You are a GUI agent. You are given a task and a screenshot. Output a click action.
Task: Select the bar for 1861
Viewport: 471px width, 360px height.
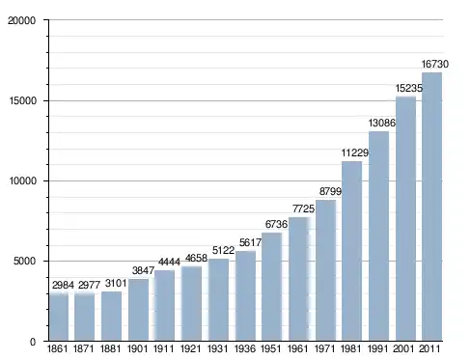pos(59,317)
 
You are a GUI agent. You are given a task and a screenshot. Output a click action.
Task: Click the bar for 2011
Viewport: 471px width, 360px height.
pos(431,207)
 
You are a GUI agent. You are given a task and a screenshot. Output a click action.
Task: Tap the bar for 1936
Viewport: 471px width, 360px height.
pos(245,295)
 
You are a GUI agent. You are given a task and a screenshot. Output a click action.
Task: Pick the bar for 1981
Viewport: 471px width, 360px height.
pos(351,251)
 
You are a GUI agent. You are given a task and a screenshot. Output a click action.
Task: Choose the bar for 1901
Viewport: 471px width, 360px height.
pos(138,310)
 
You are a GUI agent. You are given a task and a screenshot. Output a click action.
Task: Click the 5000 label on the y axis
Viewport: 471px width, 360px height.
pos(24,261)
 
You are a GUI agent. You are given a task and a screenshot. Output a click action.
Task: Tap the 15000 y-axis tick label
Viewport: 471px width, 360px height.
pos(22,100)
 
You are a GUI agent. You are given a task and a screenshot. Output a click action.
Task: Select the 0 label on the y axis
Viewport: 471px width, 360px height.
pos(33,342)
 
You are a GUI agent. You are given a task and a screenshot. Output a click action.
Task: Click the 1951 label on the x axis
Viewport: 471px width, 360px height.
pos(271,348)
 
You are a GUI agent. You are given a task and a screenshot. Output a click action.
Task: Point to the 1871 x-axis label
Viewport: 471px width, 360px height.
pos(84,348)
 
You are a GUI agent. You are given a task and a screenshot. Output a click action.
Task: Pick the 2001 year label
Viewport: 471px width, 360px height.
pos(403,348)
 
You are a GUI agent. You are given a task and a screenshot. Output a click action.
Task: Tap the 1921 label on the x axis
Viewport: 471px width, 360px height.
pos(191,348)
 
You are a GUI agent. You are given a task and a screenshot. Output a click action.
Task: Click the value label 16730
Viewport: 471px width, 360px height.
pos(435,65)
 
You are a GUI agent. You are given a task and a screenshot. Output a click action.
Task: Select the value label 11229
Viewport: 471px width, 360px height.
pos(355,152)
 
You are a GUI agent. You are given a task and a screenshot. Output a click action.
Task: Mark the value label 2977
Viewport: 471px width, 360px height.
pos(90,285)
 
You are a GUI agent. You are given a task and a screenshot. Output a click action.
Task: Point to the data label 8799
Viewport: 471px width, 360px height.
pos(330,191)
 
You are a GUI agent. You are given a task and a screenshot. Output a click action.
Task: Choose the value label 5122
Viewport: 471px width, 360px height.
pos(224,250)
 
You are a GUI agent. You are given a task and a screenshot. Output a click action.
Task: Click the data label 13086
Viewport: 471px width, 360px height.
pos(382,123)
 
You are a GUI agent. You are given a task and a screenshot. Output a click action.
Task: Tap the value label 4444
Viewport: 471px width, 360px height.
pos(169,262)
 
